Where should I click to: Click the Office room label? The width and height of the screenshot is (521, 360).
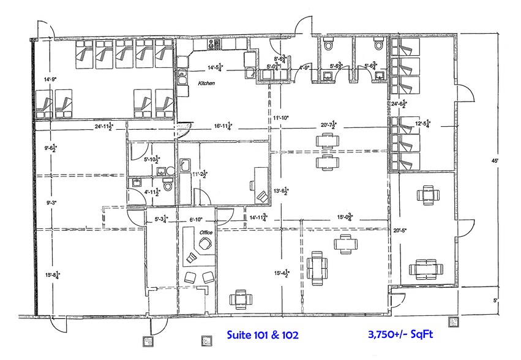pyautogui.click(x=205, y=232)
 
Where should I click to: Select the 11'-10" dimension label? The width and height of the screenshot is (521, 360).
pyautogui.click(x=285, y=118)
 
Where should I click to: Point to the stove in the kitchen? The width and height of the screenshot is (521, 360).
pyautogui.click(x=214, y=43)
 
